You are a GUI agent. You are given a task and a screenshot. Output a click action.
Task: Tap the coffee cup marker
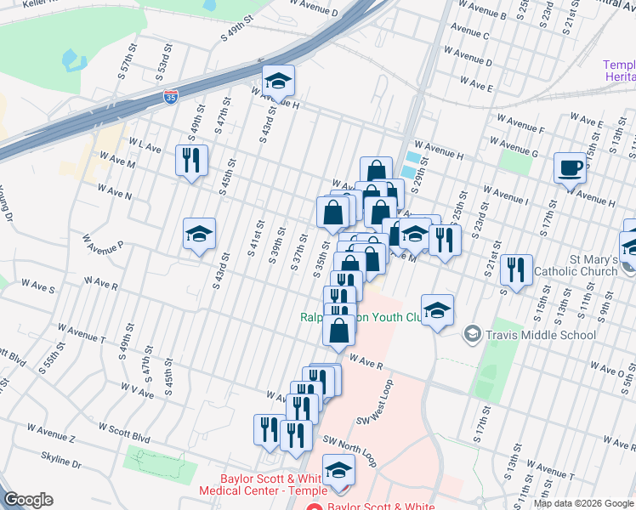click(x=570, y=167)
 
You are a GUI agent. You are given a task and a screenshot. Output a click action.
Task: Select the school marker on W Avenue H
click(x=278, y=82)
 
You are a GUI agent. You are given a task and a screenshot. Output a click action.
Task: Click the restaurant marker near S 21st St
click(x=515, y=270)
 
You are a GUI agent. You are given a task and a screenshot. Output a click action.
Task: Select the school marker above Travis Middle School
click(x=437, y=311)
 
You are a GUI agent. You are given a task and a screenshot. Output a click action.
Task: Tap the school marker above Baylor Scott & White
click(x=338, y=470)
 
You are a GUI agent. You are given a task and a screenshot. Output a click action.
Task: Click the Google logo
click(x=28, y=500)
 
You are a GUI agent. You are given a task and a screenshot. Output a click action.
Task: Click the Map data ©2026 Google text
click(x=583, y=503)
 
